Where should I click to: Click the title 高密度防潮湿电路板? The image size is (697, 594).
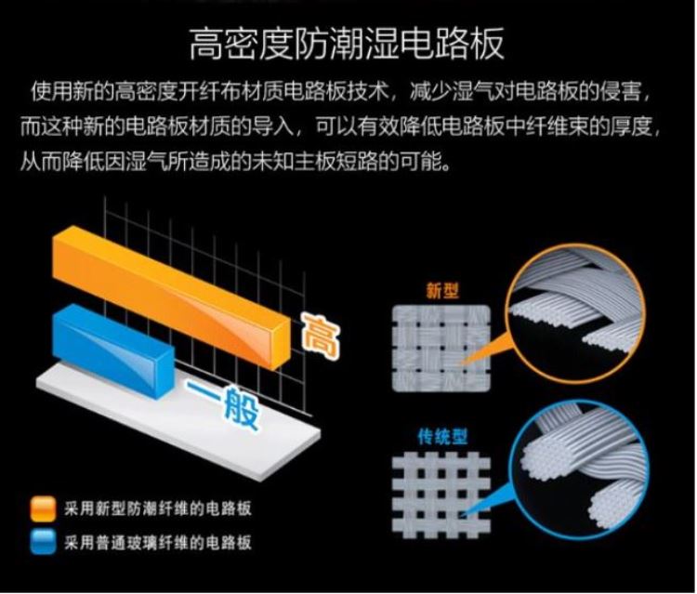[x=347, y=43]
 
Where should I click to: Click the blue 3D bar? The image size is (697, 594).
[x=112, y=350]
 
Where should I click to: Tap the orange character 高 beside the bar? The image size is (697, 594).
[x=320, y=335]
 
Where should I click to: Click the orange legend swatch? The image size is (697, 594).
[x=44, y=508]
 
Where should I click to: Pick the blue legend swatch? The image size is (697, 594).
[x=44, y=542]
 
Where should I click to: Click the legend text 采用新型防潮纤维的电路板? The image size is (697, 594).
[x=158, y=508]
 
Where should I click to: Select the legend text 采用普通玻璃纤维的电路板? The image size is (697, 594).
[x=158, y=542]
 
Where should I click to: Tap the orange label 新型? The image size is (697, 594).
[x=441, y=291]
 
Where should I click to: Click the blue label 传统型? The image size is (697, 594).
[x=442, y=437]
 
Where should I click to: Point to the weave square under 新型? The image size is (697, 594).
[x=441, y=349]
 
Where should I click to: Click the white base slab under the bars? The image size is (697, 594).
[x=178, y=421]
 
